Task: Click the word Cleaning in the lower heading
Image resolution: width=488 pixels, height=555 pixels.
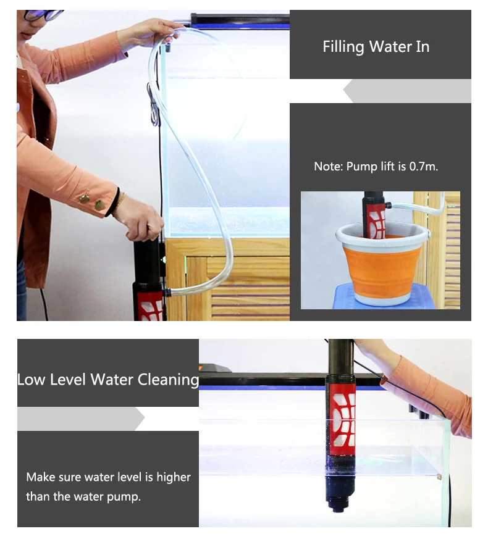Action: [168, 380]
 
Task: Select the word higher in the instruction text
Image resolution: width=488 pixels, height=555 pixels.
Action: [174, 477]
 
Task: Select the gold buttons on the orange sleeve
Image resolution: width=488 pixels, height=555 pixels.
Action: [91, 201]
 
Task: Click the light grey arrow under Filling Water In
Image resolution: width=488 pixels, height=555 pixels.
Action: [407, 91]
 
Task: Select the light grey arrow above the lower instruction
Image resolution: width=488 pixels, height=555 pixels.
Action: [81, 419]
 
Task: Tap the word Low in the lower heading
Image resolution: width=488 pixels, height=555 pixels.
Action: [31, 380]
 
